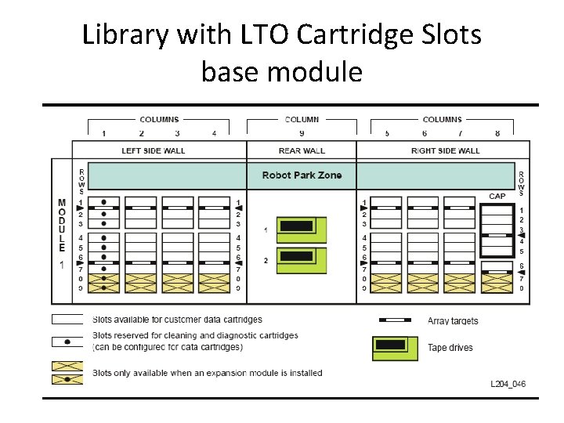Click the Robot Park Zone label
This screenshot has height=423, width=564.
tap(302, 175)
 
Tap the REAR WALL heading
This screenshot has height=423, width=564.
tap(302, 150)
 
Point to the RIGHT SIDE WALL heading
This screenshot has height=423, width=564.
tap(445, 150)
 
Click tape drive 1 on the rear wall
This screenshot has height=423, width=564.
tap(301, 229)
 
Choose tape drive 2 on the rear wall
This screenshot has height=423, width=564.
tap(301, 257)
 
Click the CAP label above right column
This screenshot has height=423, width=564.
tap(497, 197)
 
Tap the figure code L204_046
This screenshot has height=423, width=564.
tap(508, 384)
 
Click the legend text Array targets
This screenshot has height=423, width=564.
tap(453, 320)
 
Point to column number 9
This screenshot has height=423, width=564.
tap(302, 133)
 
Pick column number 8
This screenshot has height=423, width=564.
tap(497, 133)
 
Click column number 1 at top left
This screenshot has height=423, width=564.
tap(103, 133)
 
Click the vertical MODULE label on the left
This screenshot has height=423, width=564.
tap(62, 226)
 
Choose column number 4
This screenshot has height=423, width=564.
tap(214, 133)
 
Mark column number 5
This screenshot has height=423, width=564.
tap(387, 133)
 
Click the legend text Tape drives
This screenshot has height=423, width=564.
tap(450, 347)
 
